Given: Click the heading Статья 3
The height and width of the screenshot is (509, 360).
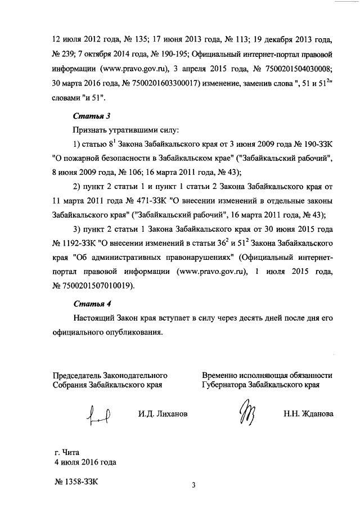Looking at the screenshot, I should (88, 116).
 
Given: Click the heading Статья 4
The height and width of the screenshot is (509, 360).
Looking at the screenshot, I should (88, 305).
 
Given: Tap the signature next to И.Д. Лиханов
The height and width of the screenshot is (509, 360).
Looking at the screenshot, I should (98, 416).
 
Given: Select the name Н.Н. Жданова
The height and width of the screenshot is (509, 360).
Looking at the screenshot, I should (308, 415).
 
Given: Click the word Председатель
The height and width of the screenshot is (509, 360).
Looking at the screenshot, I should (80, 375).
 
